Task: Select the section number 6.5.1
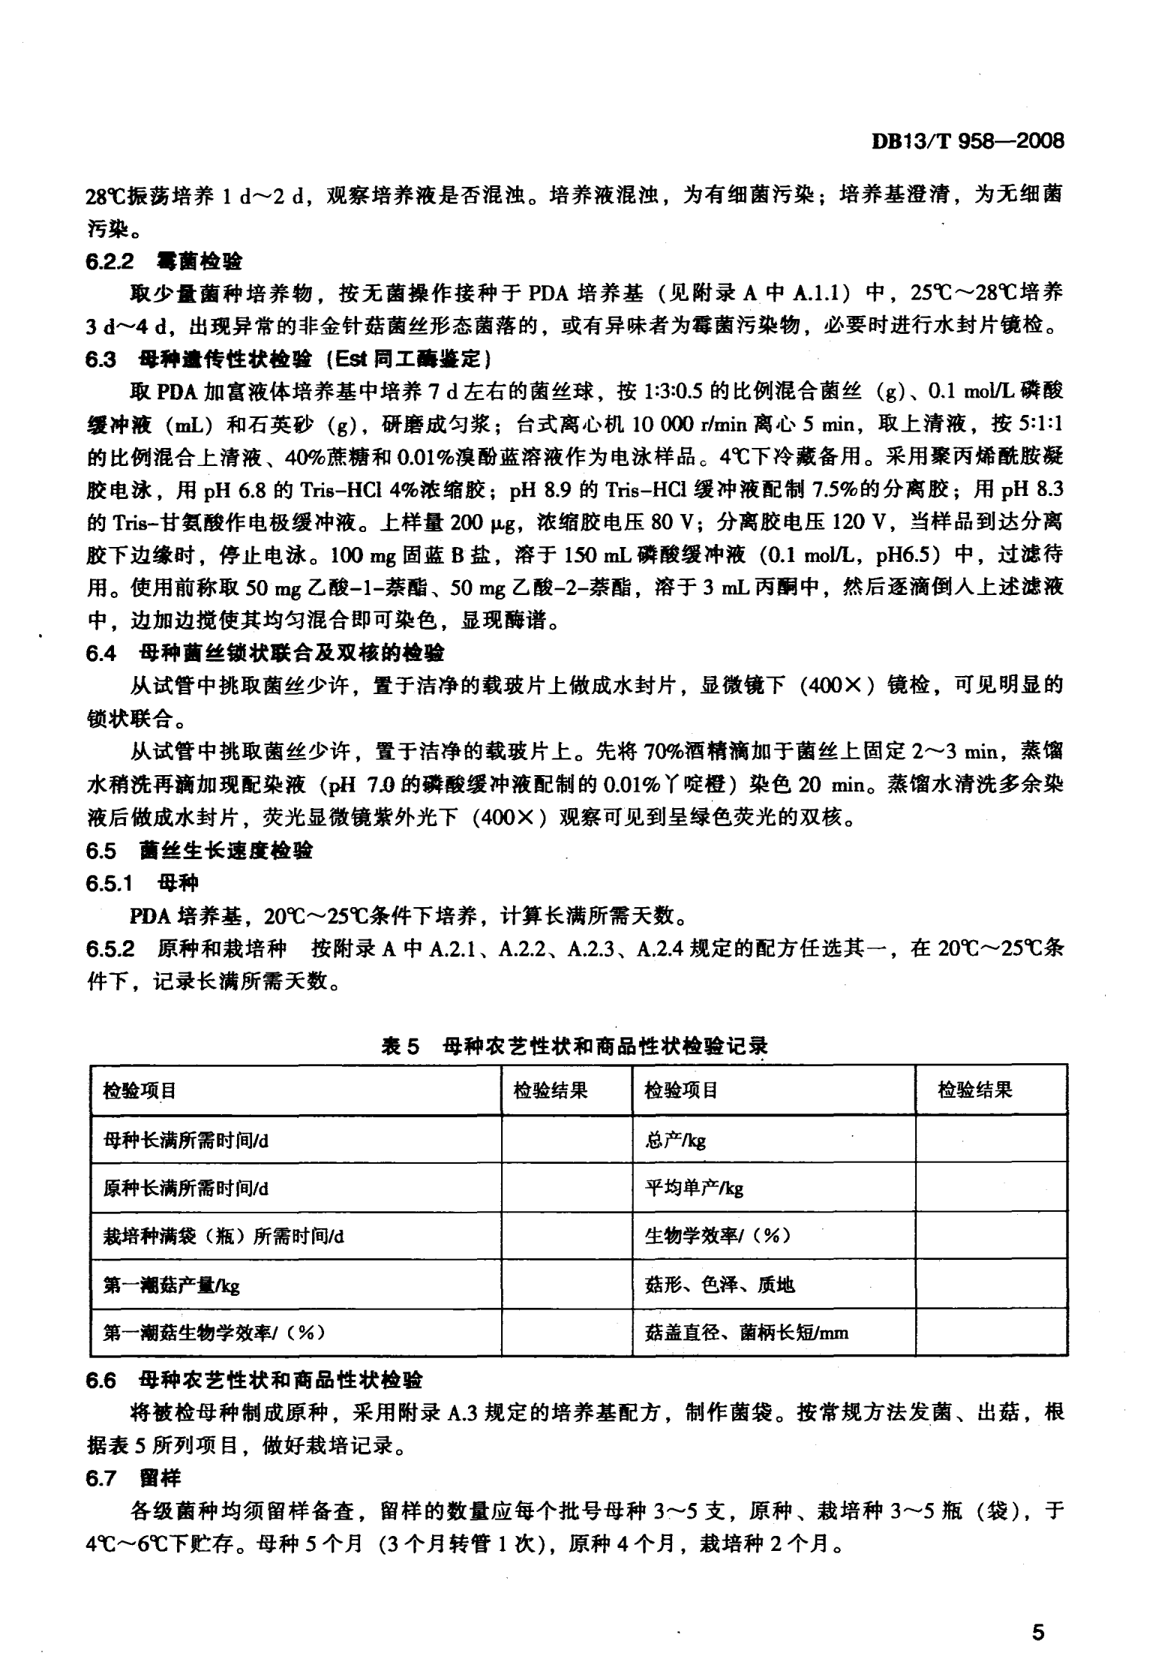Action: (110, 884)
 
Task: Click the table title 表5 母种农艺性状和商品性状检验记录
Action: (575, 1046)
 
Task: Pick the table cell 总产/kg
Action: (675, 1141)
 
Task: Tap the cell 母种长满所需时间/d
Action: (185, 1141)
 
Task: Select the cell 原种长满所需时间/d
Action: (185, 1189)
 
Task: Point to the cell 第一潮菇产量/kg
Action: (171, 1285)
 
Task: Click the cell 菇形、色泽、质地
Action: (719, 1285)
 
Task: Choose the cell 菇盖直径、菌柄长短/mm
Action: (746, 1333)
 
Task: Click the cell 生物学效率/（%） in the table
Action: (717, 1237)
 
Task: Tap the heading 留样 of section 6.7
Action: (161, 1478)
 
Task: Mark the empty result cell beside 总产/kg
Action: (991, 1141)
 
